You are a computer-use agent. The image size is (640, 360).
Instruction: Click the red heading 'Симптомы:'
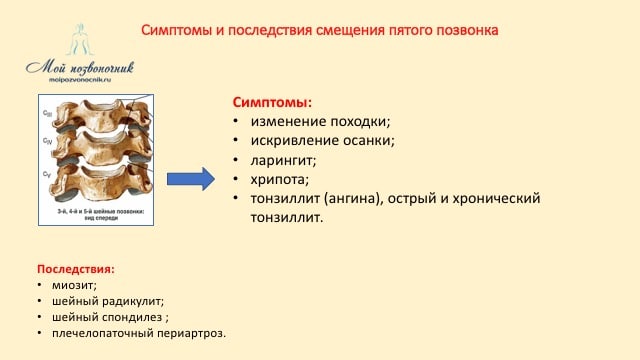[272, 102]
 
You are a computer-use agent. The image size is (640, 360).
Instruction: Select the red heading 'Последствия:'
[75, 270]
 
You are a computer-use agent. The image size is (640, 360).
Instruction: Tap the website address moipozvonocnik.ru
[79, 80]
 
